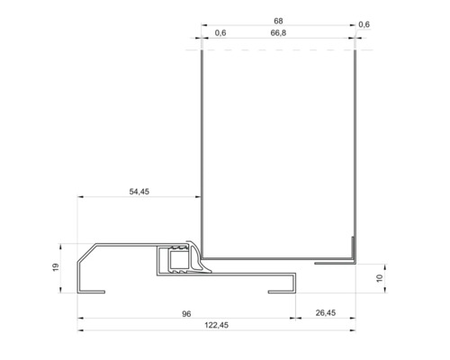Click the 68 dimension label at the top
(277, 19)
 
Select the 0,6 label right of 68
(364, 24)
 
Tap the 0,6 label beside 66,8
(220, 33)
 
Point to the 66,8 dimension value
(277, 33)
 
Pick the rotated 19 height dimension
(56, 268)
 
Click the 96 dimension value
(186, 313)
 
